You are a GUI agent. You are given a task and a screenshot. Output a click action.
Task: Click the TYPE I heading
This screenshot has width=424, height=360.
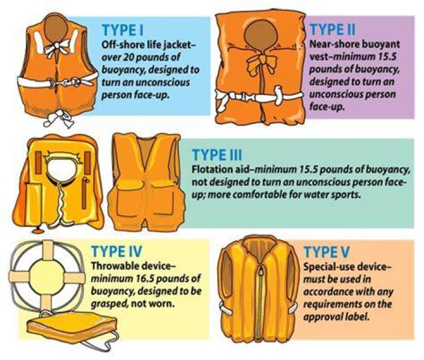tap(122, 30)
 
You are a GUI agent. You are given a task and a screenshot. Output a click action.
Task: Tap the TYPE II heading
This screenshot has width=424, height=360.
tap(332, 29)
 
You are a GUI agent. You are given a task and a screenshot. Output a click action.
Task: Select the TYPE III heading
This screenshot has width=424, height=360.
tap(217, 155)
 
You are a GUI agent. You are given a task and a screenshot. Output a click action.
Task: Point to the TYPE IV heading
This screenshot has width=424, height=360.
tap(117, 251)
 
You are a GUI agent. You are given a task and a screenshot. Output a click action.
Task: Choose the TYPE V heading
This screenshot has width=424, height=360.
tap(327, 252)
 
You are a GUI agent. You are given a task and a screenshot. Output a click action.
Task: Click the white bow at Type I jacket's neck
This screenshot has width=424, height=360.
tap(57, 47)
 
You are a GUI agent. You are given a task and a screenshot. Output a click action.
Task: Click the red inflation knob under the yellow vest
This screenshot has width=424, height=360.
tap(38, 231)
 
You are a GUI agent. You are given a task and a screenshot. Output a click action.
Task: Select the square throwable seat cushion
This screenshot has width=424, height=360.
tap(72, 326)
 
